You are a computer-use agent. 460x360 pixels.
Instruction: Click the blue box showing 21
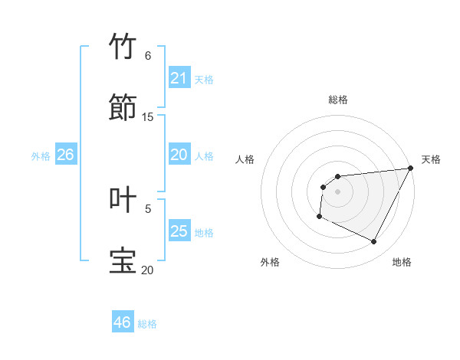tap(179, 78)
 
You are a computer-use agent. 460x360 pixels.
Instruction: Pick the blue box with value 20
tap(179, 155)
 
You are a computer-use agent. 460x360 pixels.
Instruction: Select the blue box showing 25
tap(179, 231)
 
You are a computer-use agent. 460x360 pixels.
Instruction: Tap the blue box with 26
tap(65, 155)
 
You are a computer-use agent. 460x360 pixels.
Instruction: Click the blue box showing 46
tap(123, 322)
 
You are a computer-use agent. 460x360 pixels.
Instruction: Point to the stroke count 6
tap(147, 56)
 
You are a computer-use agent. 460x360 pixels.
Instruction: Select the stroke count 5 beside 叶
tap(148, 208)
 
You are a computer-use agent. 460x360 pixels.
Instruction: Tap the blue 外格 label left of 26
tap(41, 155)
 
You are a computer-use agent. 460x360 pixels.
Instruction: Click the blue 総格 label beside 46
tap(147, 323)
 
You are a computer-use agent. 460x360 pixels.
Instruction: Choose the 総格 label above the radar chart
tap(338, 100)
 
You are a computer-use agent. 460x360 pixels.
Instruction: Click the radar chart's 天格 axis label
tap(431, 159)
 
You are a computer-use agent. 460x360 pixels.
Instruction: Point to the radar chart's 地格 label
tap(402, 262)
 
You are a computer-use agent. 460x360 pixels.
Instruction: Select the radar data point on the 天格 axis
tap(411, 169)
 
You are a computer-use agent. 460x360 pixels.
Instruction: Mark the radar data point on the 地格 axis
tap(374, 242)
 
